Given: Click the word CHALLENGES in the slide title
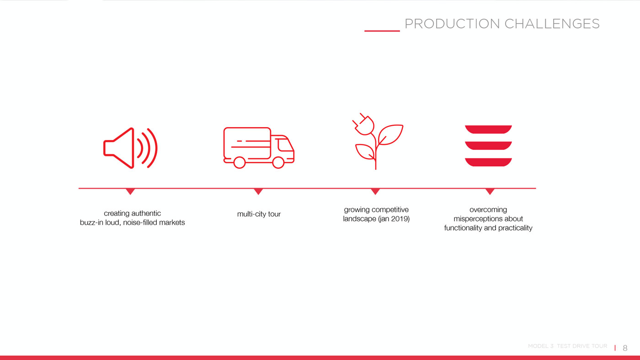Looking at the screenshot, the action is [552, 24].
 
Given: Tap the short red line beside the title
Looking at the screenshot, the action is [382, 31].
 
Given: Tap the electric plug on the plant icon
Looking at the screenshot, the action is [363, 124].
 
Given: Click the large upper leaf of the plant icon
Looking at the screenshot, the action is [390, 134].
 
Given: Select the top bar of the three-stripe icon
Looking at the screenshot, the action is [488, 129].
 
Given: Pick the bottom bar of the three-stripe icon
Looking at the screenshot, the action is [488, 162].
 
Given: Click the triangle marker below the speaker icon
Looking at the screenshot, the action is [130, 191].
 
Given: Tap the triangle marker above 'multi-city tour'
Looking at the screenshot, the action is [258, 191].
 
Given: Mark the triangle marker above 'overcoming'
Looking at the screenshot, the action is [490, 191].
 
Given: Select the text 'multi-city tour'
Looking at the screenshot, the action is [259, 214].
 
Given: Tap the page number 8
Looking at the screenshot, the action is [625, 348].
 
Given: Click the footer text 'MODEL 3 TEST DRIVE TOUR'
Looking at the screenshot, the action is [567, 346].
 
